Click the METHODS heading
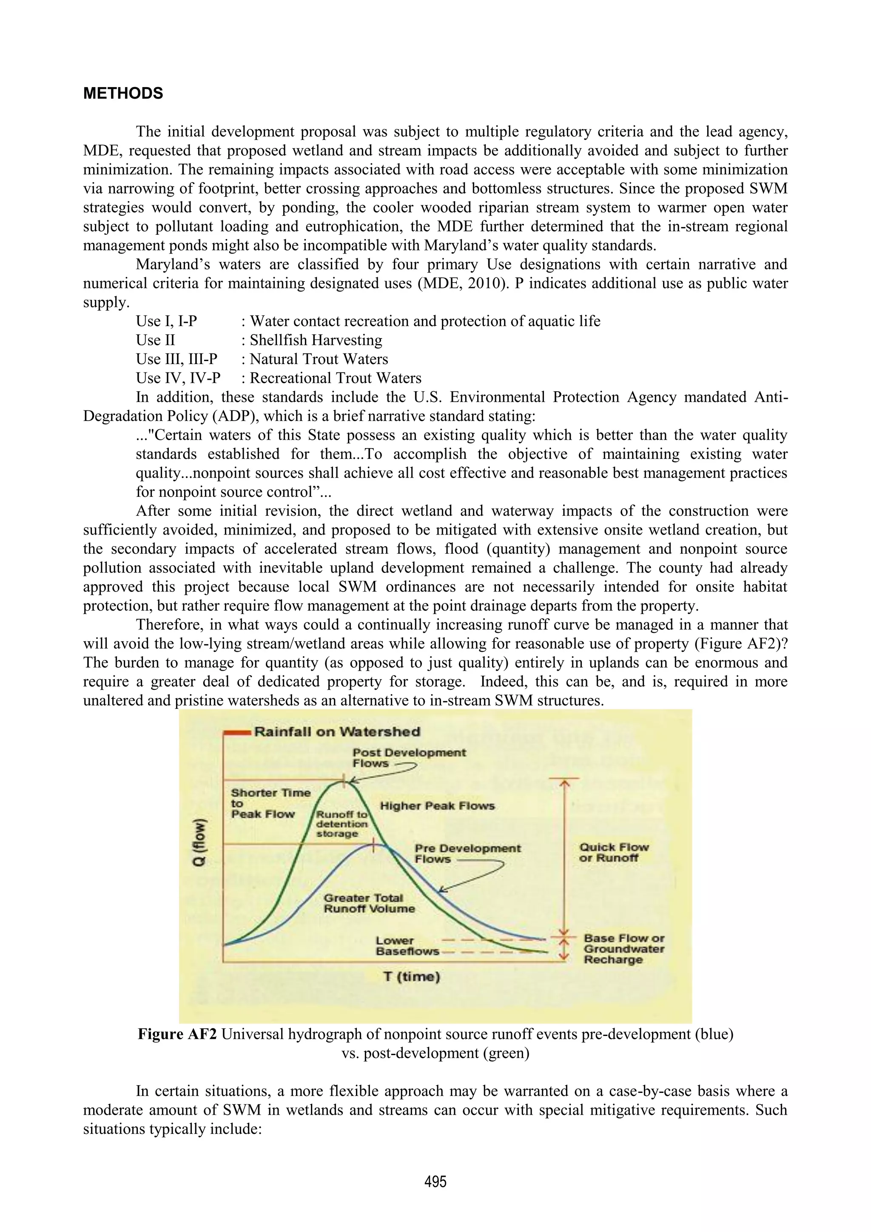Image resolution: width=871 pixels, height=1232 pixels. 123,94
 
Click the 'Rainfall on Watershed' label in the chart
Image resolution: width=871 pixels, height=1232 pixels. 337,731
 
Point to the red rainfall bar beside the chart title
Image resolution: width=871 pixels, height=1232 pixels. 236,732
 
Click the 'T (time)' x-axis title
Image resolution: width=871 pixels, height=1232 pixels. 412,976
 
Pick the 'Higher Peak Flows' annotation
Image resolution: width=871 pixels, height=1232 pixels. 437,805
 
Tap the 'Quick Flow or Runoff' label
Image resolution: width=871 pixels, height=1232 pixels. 613,852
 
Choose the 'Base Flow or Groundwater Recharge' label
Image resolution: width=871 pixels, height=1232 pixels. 623,949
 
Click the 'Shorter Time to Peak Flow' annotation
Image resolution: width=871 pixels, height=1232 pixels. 270,803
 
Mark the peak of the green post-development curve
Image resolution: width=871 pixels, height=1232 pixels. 344,782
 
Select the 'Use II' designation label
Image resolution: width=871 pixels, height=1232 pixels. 155,340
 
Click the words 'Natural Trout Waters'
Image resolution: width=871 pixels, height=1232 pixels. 319,359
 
